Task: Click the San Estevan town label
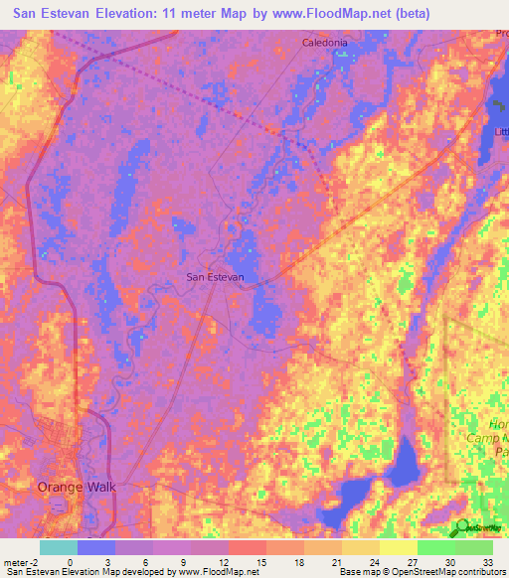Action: [216, 277]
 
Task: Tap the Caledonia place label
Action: [325, 43]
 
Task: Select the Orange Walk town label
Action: [77, 487]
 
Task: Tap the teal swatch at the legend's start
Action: [59, 547]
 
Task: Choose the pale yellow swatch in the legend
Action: [398, 547]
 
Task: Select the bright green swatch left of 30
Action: [435, 547]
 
